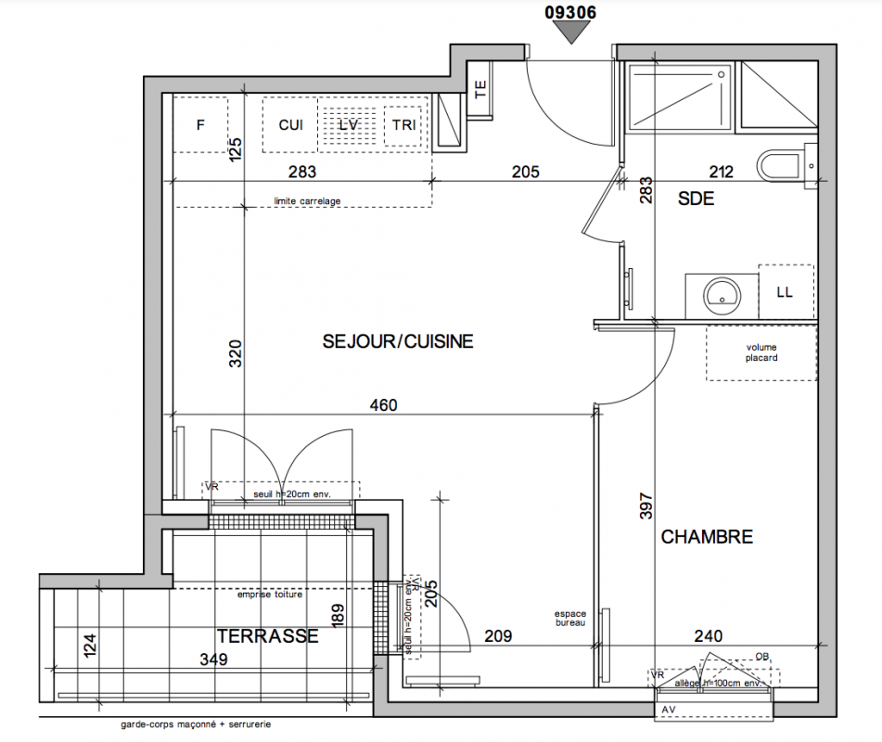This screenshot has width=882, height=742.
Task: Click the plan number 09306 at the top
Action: (570, 12)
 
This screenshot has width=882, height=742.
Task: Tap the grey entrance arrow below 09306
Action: (571, 32)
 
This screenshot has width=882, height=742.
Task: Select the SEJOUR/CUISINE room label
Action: (398, 341)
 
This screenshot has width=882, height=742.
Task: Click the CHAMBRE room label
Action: (707, 537)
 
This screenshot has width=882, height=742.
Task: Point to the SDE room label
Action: (696, 198)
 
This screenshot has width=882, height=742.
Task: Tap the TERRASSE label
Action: (268, 635)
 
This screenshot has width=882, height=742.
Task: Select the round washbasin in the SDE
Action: (722, 295)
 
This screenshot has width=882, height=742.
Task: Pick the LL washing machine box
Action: (786, 291)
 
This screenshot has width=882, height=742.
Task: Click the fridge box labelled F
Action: (199, 124)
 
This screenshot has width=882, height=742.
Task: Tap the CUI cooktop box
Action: (290, 125)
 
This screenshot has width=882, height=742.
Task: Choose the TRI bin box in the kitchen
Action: (403, 125)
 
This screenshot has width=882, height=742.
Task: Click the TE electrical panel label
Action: (480, 89)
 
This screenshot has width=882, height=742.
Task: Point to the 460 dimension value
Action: (383, 405)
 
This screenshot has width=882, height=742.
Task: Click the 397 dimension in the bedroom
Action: (646, 505)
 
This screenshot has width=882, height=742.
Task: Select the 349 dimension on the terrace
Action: (213, 659)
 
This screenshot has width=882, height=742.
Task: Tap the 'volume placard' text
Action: (761, 352)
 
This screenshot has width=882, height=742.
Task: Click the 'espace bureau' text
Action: (570, 619)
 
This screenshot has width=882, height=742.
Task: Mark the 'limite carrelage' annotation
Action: (307, 201)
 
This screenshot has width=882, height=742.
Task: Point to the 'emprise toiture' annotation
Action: (270, 594)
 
